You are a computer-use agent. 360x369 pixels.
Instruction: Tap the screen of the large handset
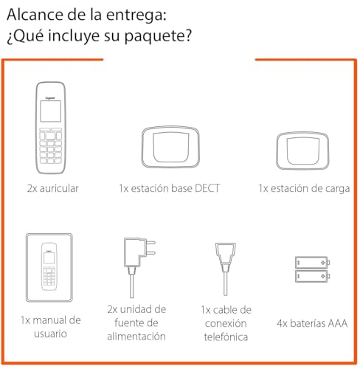click(49, 111)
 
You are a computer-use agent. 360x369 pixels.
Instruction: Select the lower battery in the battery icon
click(314, 275)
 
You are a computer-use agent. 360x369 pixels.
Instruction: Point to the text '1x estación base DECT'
click(169, 188)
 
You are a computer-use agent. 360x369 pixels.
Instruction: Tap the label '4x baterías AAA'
click(314, 323)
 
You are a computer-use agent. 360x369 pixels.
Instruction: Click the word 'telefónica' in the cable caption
click(226, 337)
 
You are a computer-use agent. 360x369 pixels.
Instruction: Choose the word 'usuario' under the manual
click(49, 334)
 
